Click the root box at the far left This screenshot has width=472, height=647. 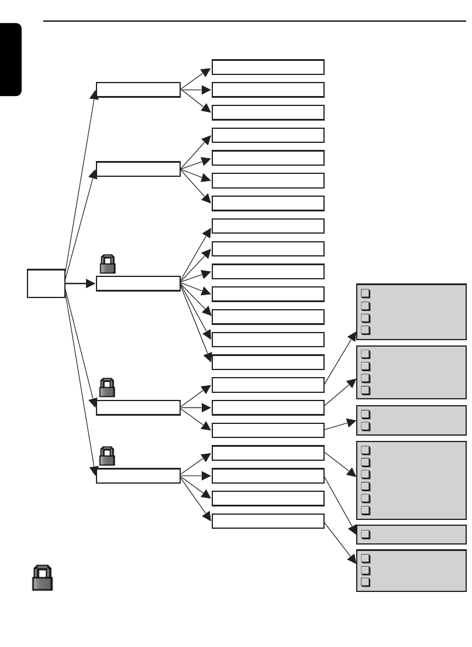pyautogui.click(x=46, y=283)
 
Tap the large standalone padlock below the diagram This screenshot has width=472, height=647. pyautogui.click(x=42, y=578)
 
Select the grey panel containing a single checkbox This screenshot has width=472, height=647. pyautogui.click(x=411, y=534)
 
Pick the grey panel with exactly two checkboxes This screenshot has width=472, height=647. pyautogui.click(x=411, y=420)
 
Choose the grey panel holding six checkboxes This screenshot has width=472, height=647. pyautogui.click(x=411, y=480)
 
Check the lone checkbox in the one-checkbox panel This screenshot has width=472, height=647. pyautogui.click(x=365, y=534)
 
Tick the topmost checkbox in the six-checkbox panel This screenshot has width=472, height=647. pyautogui.click(x=365, y=450)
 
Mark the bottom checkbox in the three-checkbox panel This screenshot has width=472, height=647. pyautogui.click(x=365, y=582)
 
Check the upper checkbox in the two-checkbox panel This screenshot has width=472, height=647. pyautogui.click(x=365, y=414)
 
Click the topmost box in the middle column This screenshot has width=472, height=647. pyautogui.click(x=138, y=90)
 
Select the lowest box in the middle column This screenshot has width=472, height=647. pyautogui.click(x=138, y=475)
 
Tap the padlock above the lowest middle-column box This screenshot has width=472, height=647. pyautogui.click(x=107, y=456)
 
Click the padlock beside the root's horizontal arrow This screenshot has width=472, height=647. pyautogui.click(x=107, y=264)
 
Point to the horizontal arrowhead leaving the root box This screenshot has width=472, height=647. pyautogui.click(x=91, y=283)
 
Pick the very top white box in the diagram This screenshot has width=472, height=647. pyautogui.click(x=268, y=67)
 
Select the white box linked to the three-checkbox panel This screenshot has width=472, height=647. pyautogui.click(x=268, y=521)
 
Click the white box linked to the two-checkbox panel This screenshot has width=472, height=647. pyautogui.click(x=268, y=430)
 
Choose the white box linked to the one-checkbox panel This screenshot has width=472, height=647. pyautogui.click(x=268, y=475)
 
